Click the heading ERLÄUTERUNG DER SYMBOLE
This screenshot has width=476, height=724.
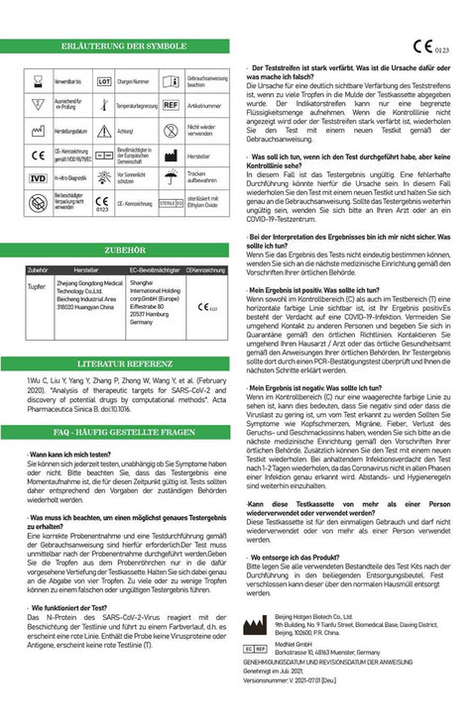124,47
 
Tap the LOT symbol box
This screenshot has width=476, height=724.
103,78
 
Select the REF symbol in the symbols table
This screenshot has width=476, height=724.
171,104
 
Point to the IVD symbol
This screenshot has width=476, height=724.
38,178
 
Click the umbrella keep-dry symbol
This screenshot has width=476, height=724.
171,179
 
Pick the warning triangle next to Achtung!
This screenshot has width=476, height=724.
103,130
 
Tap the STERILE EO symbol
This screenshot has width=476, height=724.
171,203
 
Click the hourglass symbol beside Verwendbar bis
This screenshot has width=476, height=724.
38,78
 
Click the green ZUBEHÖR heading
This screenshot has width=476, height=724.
124,251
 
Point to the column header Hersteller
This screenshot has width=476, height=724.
85,269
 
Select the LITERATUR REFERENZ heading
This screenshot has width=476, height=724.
124,363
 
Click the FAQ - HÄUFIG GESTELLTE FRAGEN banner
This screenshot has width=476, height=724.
124,433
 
